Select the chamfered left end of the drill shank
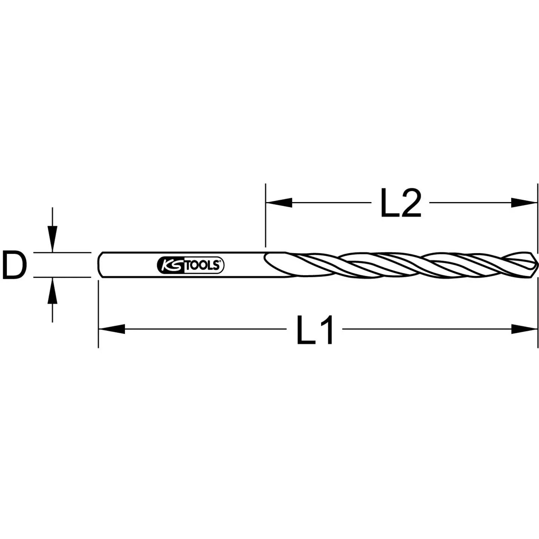tap(100, 265)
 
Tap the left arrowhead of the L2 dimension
tap(279, 202)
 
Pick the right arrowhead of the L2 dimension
tap(524, 202)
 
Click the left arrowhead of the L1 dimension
tap(112, 329)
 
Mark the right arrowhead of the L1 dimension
tap(524, 329)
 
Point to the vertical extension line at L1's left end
tap(98, 314)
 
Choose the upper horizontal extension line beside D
tap(62, 252)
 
